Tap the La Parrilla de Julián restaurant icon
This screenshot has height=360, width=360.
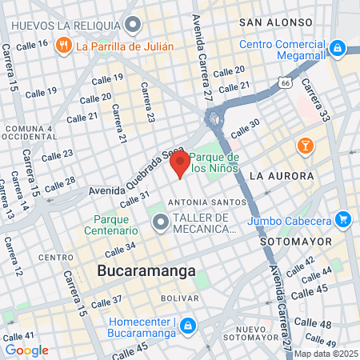click(63, 46)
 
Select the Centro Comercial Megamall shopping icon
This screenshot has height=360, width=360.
click(338, 49)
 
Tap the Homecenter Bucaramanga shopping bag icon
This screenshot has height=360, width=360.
click(187, 326)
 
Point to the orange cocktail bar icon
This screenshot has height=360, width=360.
click(305, 146)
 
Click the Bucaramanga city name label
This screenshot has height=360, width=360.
click(146, 271)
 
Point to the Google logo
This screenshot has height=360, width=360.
click(26, 350)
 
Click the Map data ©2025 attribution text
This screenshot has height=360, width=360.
click(326, 354)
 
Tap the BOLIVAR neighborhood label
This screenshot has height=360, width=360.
click(180, 298)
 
